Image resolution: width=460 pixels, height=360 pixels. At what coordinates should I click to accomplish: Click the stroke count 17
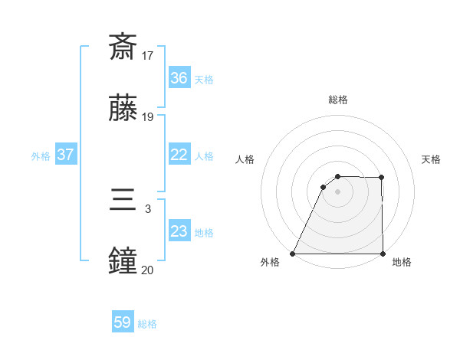click(148, 55)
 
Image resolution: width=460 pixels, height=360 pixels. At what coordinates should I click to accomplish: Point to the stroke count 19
click(148, 117)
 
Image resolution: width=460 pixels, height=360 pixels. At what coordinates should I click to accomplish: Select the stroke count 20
click(148, 270)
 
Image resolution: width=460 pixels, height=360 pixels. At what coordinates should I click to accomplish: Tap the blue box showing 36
click(179, 78)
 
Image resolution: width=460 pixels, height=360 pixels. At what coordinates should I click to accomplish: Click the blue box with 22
click(179, 155)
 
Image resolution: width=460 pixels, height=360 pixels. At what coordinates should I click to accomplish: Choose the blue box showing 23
click(179, 231)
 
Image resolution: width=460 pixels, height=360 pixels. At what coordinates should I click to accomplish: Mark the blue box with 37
click(65, 155)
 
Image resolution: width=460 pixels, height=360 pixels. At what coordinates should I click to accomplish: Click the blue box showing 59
click(123, 323)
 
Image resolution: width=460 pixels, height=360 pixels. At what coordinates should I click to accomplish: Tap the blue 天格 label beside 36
click(204, 79)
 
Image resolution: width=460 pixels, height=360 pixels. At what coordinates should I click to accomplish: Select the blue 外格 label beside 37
click(41, 155)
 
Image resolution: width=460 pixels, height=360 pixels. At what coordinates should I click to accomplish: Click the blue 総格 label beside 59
click(148, 324)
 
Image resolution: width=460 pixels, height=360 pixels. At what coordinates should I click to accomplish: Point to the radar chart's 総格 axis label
click(338, 100)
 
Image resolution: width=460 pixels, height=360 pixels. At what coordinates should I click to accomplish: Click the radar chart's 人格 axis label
click(245, 159)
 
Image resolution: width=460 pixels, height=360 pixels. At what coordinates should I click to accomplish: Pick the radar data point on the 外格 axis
click(293, 254)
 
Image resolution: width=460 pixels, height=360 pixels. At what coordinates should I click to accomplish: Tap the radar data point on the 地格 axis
click(383, 254)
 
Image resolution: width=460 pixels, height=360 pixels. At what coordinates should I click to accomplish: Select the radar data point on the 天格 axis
click(382, 178)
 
